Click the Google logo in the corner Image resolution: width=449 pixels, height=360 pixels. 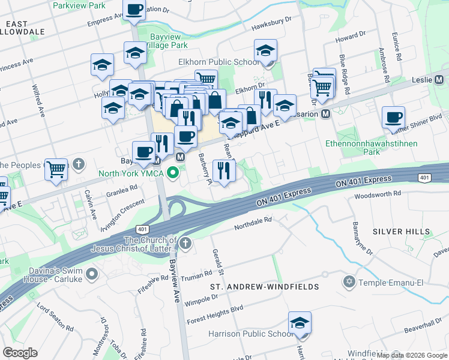point(20,353)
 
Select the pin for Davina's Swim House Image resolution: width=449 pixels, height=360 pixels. point(92,274)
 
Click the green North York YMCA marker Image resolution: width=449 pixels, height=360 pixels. point(173,175)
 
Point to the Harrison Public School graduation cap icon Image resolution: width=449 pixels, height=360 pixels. point(300,323)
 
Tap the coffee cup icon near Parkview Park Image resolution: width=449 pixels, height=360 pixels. point(134,10)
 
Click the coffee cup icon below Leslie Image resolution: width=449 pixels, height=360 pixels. point(393,118)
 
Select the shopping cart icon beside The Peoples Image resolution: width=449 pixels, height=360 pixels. point(56,170)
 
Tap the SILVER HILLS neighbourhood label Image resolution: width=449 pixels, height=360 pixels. point(401,232)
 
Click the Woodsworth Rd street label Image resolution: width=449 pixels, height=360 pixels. point(377,194)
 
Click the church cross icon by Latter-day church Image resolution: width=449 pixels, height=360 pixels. point(186,243)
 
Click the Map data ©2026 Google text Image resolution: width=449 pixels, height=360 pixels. point(412,355)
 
